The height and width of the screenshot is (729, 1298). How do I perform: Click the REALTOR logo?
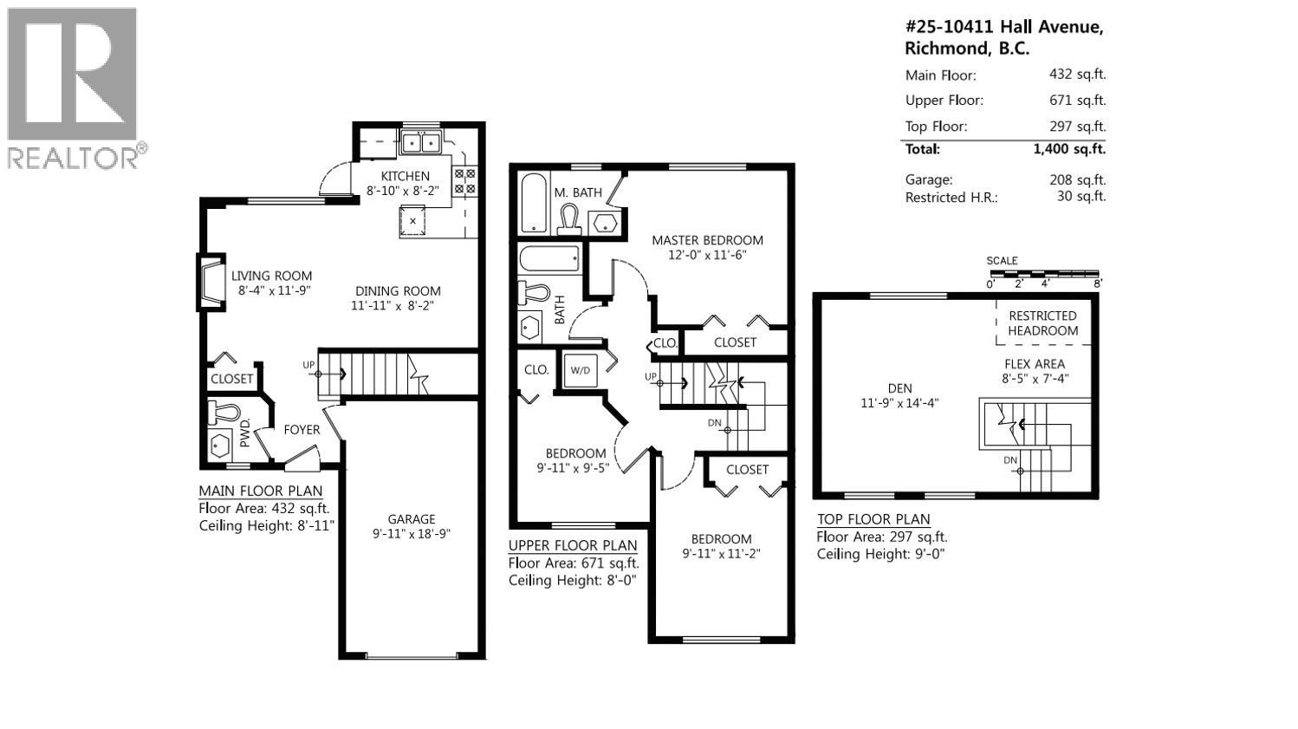(x=73, y=87)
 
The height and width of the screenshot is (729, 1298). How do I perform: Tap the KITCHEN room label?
(x=405, y=176)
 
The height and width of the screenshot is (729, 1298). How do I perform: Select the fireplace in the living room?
(x=210, y=283)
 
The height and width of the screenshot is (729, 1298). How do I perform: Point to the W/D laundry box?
(x=579, y=370)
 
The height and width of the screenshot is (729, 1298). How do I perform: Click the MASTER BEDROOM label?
(x=707, y=240)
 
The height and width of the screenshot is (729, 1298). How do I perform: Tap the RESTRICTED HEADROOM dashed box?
(x=1042, y=322)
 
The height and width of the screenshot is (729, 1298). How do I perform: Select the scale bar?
(x=1044, y=274)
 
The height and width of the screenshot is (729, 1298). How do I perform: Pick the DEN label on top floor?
(x=899, y=388)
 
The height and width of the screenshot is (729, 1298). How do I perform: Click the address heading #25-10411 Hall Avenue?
(x=1003, y=28)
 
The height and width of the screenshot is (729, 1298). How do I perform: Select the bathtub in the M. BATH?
(x=534, y=204)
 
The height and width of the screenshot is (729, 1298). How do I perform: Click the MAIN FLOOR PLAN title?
(x=260, y=491)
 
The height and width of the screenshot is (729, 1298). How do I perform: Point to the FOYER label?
(x=302, y=430)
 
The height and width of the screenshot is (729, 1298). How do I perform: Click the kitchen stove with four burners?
(x=464, y=179)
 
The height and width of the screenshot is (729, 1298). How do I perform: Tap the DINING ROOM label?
(x=397, y=291)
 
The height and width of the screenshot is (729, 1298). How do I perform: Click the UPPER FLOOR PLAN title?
(x=572, y=545)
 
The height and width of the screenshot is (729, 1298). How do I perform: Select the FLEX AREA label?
(x=1035, y=364)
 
